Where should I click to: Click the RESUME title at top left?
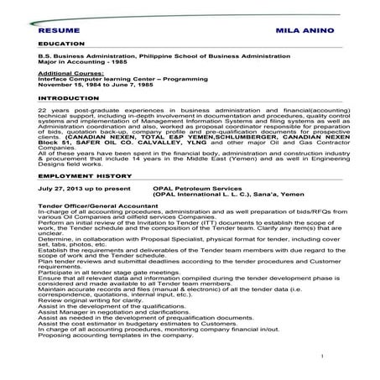tap(58, 29)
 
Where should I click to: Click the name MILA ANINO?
tap(300, 29)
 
